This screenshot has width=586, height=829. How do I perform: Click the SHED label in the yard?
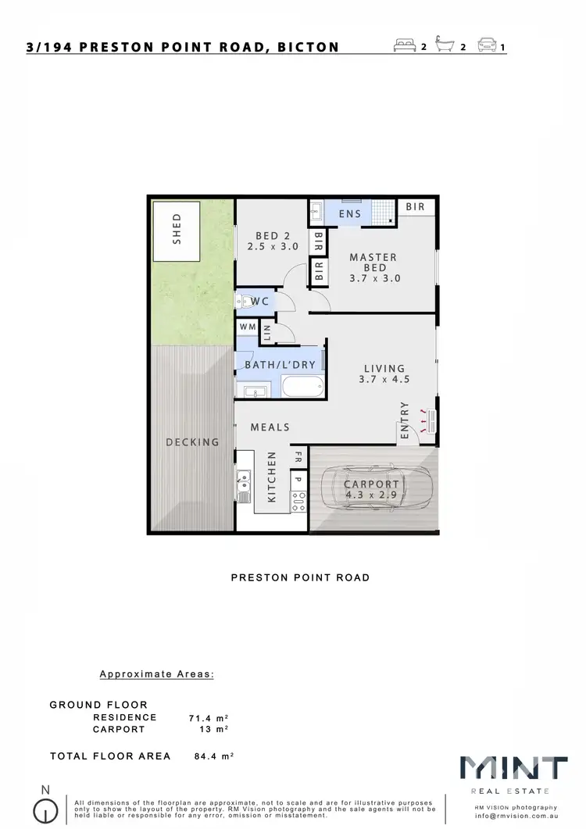(x=177, y=231)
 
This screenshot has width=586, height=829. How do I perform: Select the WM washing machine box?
(x=248, y=327)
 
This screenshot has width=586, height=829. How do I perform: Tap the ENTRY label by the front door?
(x=404, y=420)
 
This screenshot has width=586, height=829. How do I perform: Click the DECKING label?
(x=193, y=442)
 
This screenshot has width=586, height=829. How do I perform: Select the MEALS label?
(x=270, y=427)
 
